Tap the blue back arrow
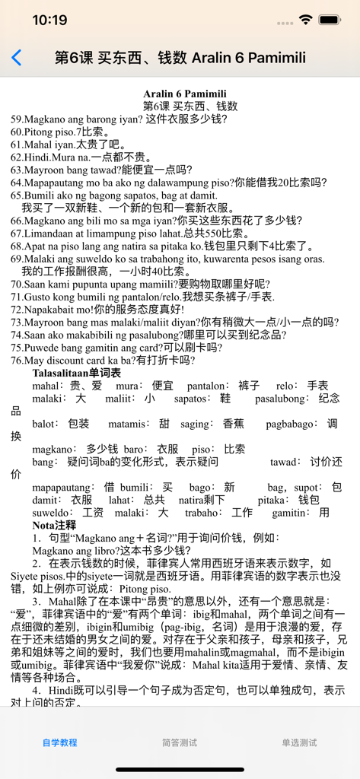point(17,58)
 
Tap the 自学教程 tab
point(59,742)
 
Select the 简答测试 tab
point(180,742)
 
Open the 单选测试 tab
point(299,742)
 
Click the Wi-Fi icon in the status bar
point(306,20)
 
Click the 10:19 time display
point(49,20)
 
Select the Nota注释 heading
point(54,525)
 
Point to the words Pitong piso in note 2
point(144,588)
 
